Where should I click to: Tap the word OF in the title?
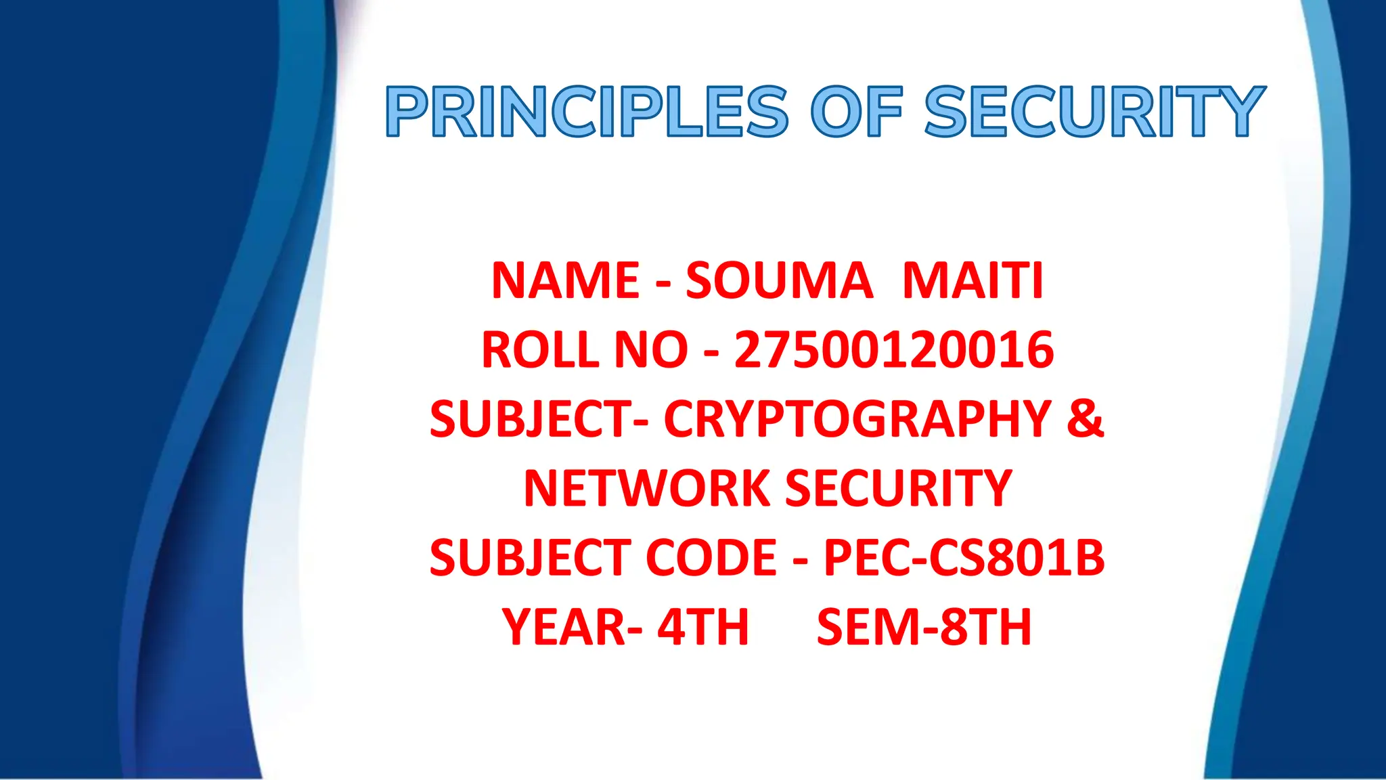coord(857,112)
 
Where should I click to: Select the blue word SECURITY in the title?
coord(1094,112)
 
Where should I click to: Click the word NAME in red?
coord(565,281)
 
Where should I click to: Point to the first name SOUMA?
coord(778,281)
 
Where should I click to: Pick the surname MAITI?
coord(973,281)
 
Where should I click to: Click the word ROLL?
coord(540,350)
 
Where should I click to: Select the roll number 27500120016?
coord(894,350)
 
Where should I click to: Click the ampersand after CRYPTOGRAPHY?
coord(1085,419)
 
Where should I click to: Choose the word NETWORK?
coord(647,489)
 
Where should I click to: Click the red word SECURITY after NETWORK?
coord(898,489)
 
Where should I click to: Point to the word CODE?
coord(711,558)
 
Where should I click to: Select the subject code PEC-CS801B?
coord(964,558)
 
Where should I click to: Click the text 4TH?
coord(703,627)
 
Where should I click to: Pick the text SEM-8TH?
coord(924,627)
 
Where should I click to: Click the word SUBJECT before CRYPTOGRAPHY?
coord(532,419)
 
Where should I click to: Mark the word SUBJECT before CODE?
coord(532,558)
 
